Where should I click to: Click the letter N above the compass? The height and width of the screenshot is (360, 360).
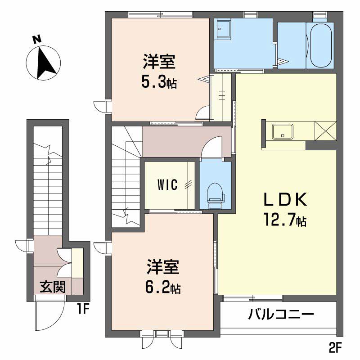[37, 39]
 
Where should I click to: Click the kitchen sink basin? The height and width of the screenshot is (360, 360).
[283, 131]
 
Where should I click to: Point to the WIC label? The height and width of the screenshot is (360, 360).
[167, 185]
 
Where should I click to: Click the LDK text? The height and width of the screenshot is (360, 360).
[285, 199]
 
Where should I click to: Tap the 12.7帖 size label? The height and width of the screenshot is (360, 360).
[285, 220]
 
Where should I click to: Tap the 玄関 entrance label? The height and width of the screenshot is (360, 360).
[53, 287]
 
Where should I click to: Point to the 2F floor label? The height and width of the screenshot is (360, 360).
[335, 347]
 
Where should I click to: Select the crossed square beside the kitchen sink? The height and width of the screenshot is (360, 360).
[325, 131]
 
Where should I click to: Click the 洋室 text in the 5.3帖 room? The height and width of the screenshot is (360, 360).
[159, 62]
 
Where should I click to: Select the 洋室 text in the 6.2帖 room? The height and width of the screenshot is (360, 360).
[163, 267]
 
